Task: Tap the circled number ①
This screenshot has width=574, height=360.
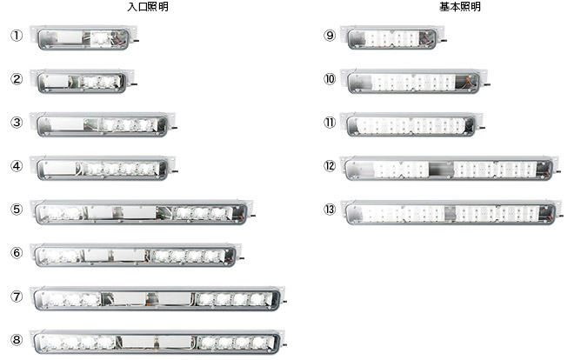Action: pos(16,37)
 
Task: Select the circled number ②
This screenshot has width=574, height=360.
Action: pos(16,79)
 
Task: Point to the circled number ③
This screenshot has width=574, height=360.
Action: pos(16,123)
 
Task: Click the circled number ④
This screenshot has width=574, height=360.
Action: pos(16,165)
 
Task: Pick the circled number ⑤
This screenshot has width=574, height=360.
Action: pos(16,210)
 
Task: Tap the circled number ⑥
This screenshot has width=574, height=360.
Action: pos(16,253)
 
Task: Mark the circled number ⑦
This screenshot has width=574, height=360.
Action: pos(16,297)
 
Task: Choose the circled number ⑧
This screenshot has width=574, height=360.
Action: pos(16,340)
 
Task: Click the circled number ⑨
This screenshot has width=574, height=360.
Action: pos(330,37)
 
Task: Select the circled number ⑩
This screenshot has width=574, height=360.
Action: pos(330,79)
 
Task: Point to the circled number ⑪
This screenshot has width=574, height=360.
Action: pos(330,123)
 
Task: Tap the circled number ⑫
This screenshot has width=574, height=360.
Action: pos(330,166)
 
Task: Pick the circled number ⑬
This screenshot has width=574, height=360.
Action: pos(330,210)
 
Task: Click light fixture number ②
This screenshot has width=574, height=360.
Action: pos(85,81)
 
